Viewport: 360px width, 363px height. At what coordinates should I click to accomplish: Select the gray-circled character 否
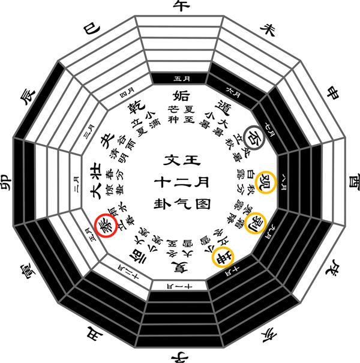pyautogui.click(x=254, y=136)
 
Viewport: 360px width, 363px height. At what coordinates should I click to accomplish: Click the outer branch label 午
pyautogui.click(x=180, y=7)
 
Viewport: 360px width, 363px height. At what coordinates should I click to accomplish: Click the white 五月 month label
pyautogui.click(x=180, y=78)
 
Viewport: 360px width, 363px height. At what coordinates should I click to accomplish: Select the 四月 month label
pyautogui.click(x=127, y=92)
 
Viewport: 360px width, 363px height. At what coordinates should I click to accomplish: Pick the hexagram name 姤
pyautogui.click(x=180, y=97)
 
